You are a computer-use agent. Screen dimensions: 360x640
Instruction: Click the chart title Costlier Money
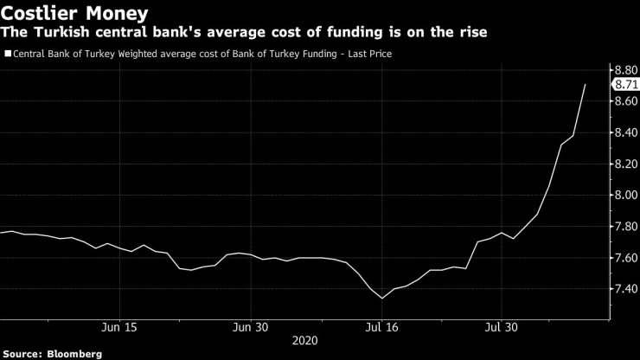click(x=74, y=14)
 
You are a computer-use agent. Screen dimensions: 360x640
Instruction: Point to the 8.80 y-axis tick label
click(x=624, y=69)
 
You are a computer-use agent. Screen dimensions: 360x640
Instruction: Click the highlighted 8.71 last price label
click(x=625, y=85)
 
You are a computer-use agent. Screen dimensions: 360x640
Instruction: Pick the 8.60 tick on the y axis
click(x=624, y=101)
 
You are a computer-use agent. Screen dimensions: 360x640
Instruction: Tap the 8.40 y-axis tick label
click(x=624, y=132)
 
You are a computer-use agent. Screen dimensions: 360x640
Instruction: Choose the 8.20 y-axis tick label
click(x=624, y=164)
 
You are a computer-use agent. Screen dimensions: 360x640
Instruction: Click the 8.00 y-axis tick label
click(x=624, y=195)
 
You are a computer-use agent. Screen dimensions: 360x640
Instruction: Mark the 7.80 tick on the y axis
click(x=624, y=226)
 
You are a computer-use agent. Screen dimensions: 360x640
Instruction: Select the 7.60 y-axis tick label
click(x=624, y=257)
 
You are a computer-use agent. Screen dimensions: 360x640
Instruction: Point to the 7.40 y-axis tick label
click(x=624, y=288)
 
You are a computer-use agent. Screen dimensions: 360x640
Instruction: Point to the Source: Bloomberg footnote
click(x=52, y=353)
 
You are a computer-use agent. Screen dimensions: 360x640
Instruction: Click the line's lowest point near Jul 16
click(x=382, y=299)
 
